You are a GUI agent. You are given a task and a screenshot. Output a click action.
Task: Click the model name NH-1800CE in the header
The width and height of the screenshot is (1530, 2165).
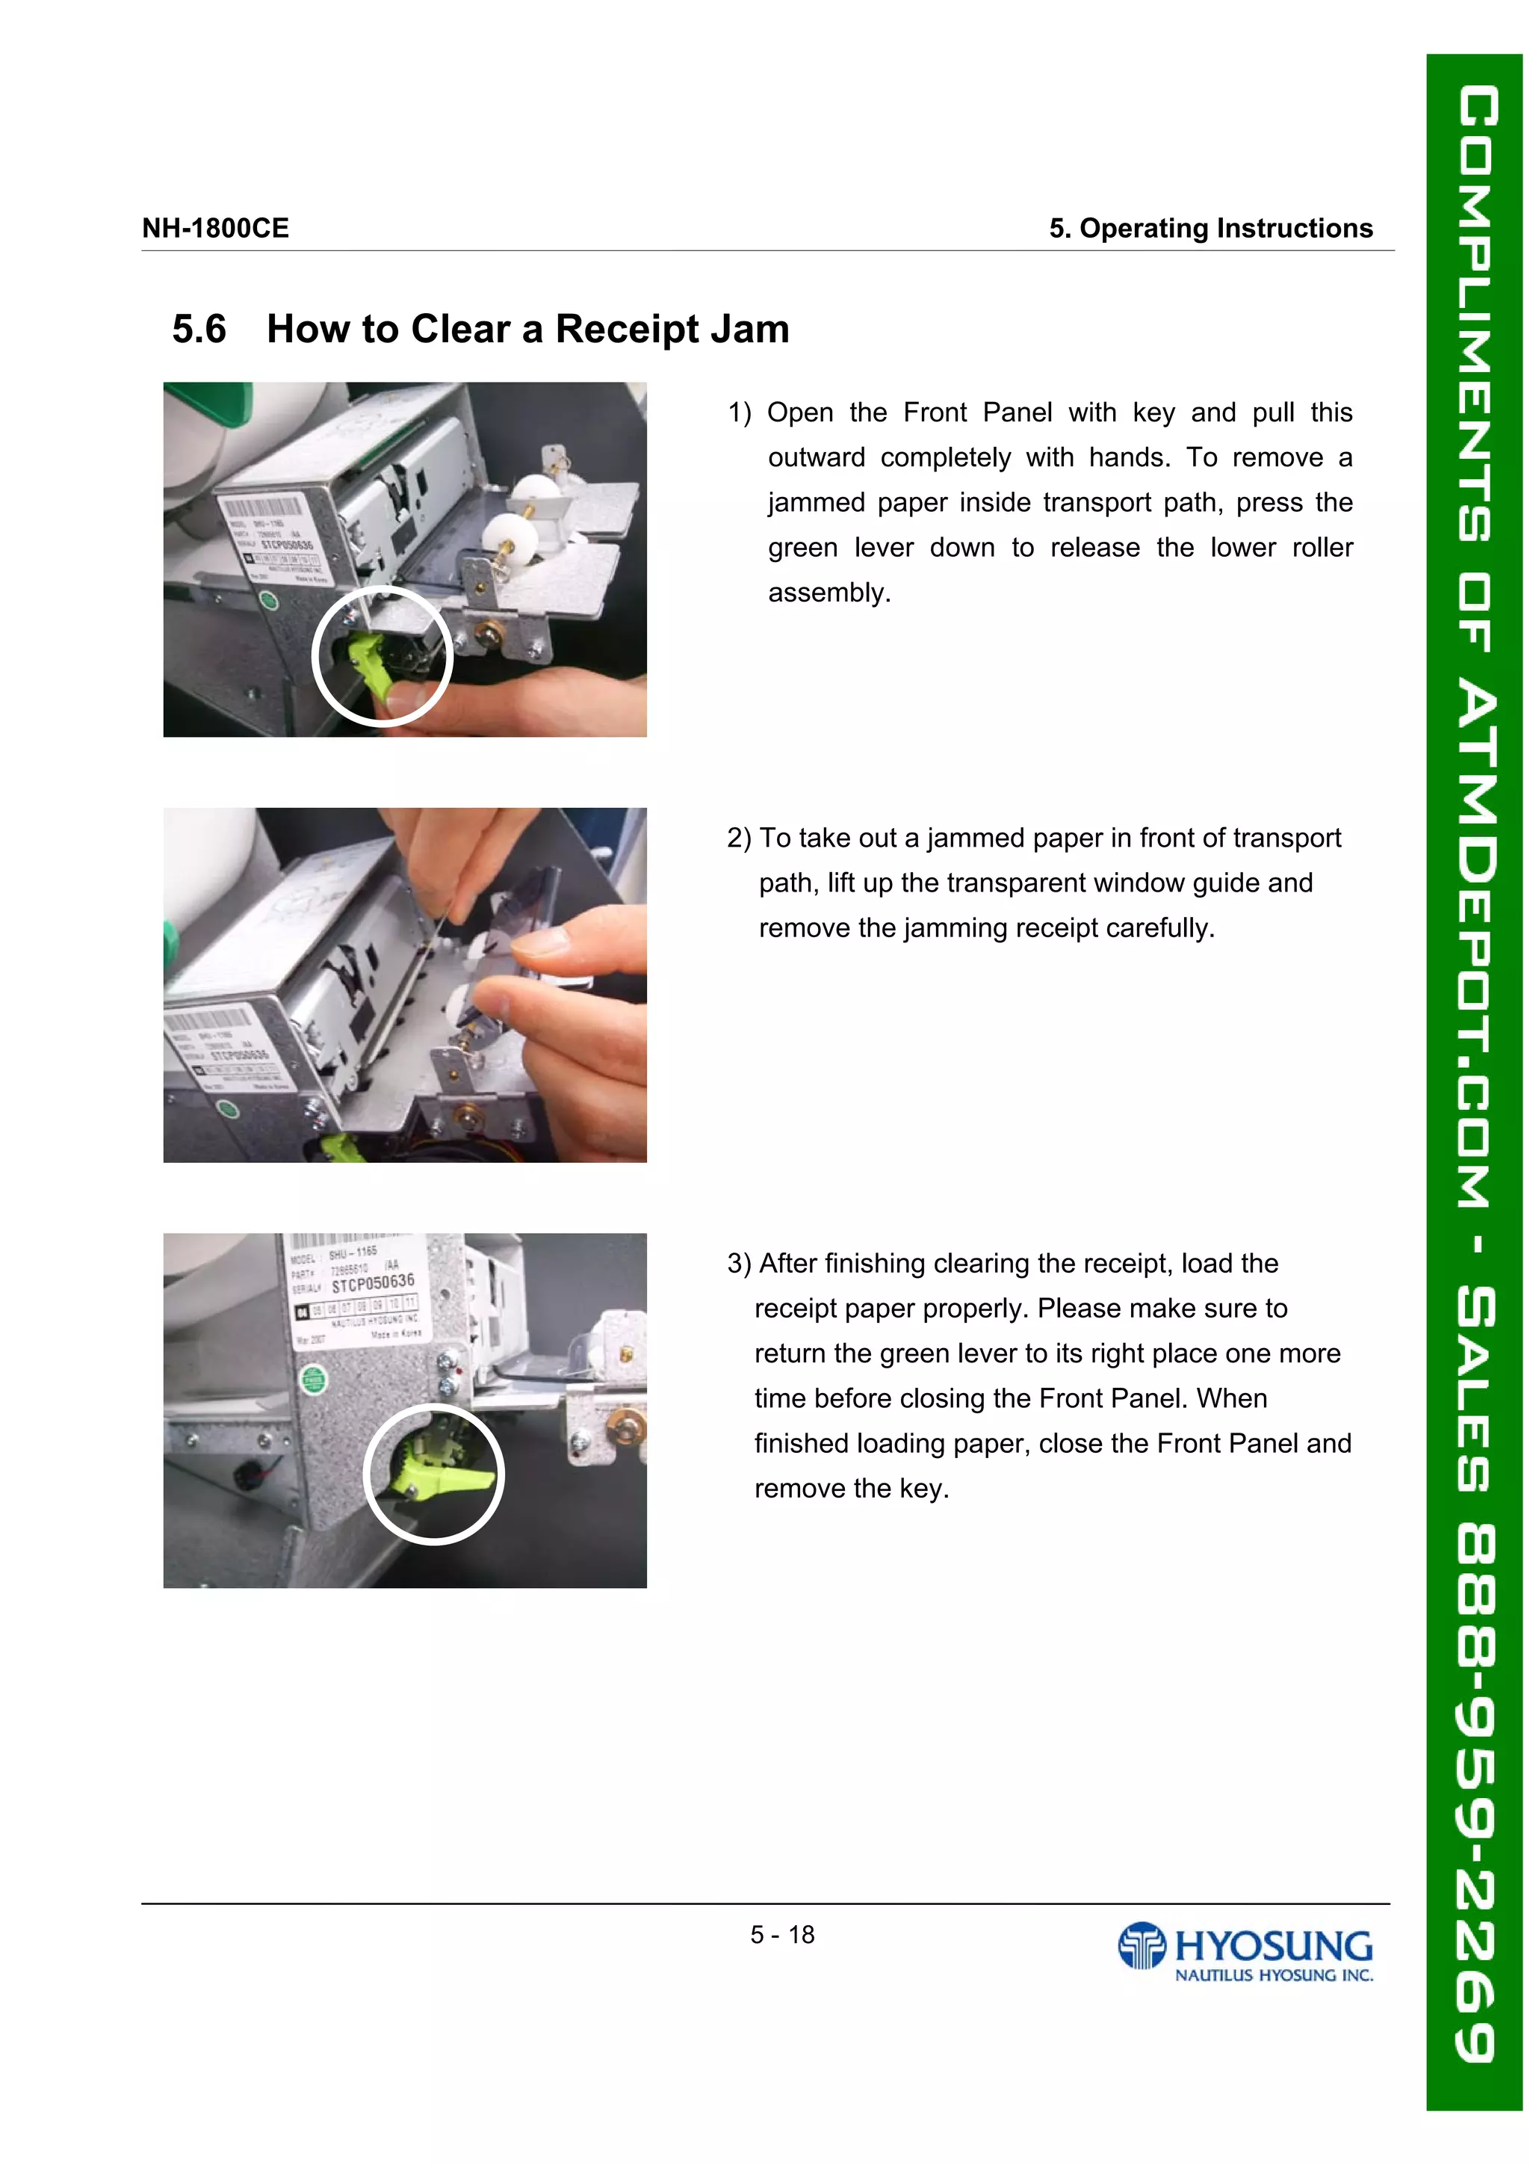[215, 228]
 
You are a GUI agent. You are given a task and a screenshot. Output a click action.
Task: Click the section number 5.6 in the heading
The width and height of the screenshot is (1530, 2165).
[199, 329]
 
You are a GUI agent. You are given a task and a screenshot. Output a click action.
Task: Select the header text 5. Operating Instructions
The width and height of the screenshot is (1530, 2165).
[1210, 228]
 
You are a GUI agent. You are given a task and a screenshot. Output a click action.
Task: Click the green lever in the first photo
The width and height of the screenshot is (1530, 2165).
[371, 661]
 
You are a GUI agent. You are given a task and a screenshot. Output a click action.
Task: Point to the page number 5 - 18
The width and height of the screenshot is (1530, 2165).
[781, 1935]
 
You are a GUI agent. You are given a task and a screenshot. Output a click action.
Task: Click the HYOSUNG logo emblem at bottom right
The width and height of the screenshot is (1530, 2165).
[1142, 1945]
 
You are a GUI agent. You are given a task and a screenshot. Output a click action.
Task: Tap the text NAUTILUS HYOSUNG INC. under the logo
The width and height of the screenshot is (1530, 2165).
[1274, 1974]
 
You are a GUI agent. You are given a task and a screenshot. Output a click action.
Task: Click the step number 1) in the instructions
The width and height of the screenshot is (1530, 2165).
[739, 413]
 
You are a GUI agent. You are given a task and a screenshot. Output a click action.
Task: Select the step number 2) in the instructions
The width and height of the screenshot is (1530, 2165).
[738, 838]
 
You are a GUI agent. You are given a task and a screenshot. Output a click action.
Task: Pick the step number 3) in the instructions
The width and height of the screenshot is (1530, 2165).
[738, 1264]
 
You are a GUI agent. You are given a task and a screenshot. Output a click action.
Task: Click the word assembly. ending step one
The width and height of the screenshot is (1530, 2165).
[829, 593]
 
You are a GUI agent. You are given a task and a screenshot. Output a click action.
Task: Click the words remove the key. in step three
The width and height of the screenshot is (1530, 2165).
[851, 1489]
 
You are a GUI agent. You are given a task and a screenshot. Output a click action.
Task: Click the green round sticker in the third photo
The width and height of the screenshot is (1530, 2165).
[314, 1380]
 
